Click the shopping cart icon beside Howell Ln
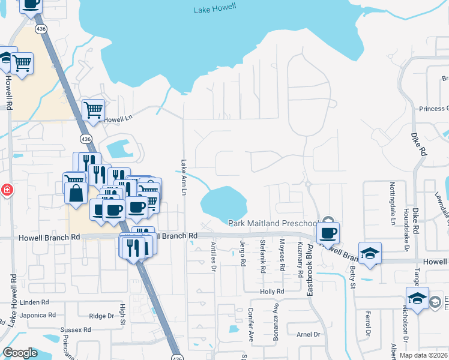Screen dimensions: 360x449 [93, 110]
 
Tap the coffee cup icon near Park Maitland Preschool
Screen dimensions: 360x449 [328, 232]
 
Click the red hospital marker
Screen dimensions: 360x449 [6, 190]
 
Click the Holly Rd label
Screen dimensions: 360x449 [271, 292]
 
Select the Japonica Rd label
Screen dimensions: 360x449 [37, 315]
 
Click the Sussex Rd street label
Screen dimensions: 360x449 [76, 329]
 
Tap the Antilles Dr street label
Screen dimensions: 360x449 [212, 257]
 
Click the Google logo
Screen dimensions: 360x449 [20, 353]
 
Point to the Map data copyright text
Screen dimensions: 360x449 [423, 355]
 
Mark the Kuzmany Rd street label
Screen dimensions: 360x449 [300, 258]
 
